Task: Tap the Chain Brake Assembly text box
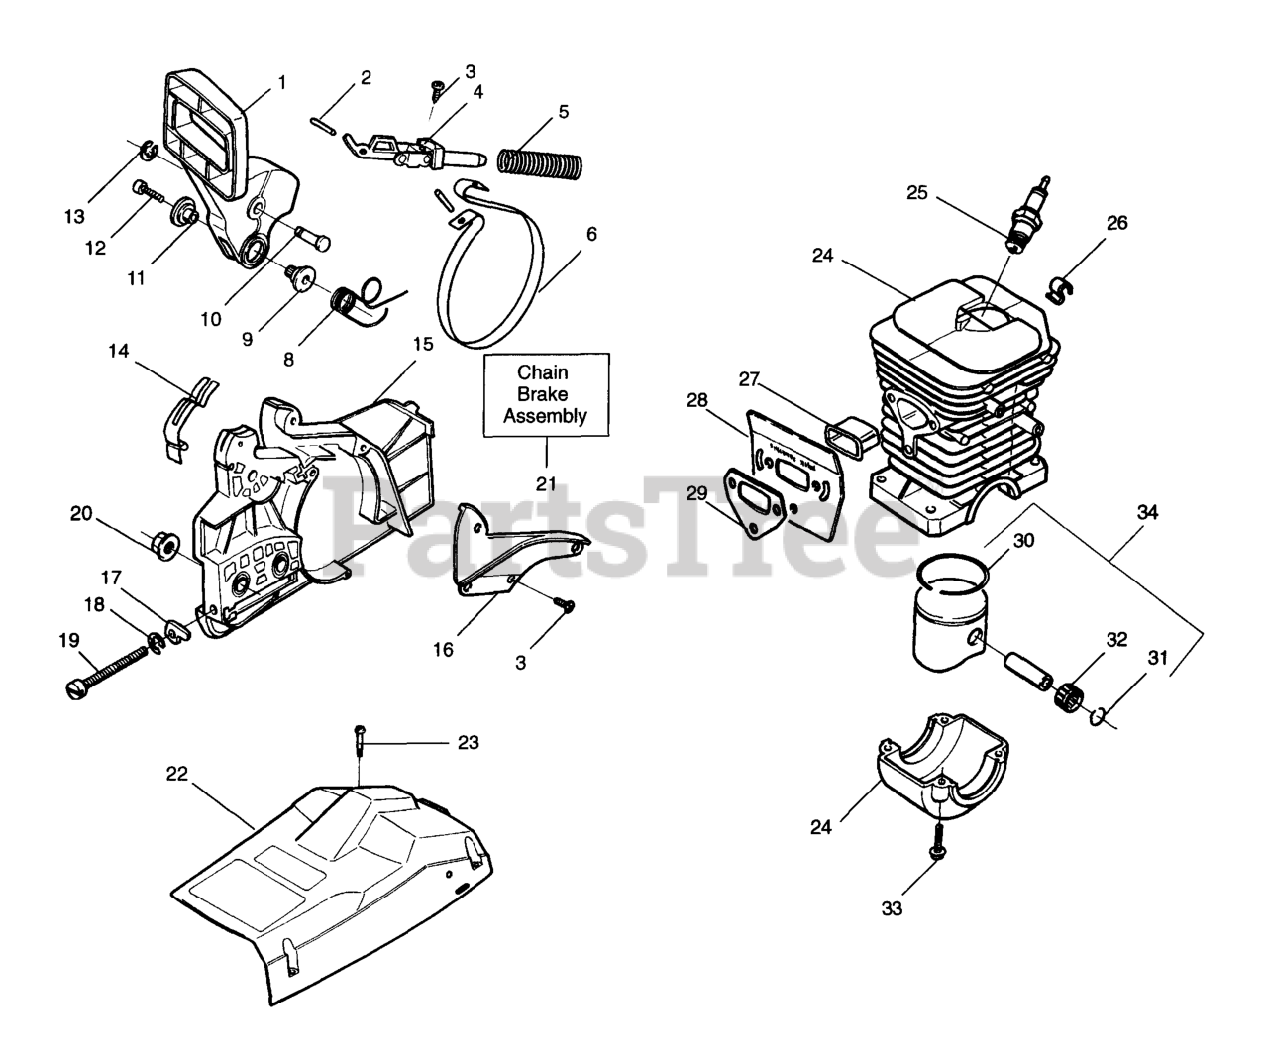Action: pyautogui.click(x=546, y=394)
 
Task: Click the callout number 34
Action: pyautogui.click(x=1147, y=513)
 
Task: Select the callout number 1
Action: pyautogui.click(x=281, y=82)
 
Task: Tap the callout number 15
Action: pyautogui.click(x=423, y=345)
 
